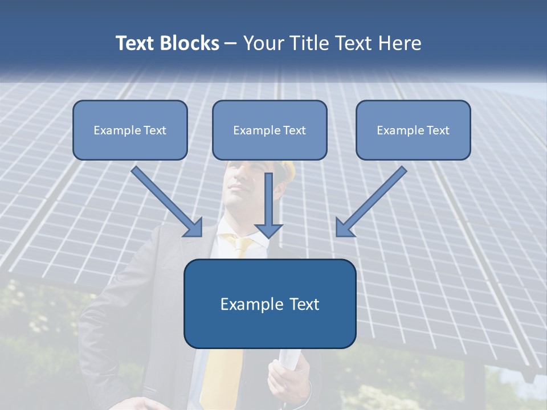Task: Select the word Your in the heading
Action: pyautogui.click(x=264, y=43)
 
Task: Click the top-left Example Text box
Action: pyautogui.click(x=130, y=130)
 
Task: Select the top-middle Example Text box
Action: pyautogui.click(x=270, y=130)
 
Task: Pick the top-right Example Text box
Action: pyautogui.click(x=413, y=130)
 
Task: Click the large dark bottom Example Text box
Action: pyautogui.click(x=270, y=304)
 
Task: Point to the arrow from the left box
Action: pyautogui.click(x=165, y=200)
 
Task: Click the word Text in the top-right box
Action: pyautogui.click(x=438, y=130)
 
